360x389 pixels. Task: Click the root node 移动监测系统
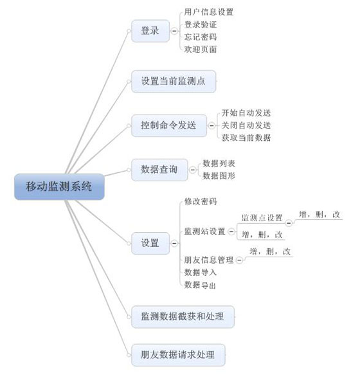(59, 186)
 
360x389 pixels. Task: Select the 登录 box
(150, 31)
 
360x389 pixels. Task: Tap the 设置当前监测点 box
(174, 82)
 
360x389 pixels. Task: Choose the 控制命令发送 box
(169, 125)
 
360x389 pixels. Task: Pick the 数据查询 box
(159, 170)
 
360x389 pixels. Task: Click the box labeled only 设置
(150, 244)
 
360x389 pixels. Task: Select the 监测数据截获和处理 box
(183, 317)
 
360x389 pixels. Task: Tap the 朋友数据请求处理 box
(178, 355)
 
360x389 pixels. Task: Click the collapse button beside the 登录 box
(174, 31)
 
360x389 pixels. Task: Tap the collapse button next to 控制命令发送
(212, 125)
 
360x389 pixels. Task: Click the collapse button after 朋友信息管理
(239, 260)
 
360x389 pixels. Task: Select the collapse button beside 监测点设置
(289, 223)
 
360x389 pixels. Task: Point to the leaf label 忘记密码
(201, 37)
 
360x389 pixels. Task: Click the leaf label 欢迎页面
(201, 50)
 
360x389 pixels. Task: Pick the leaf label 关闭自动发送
(246, 125)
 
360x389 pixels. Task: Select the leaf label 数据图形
(219, 176)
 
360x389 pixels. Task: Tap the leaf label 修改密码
(201, 201)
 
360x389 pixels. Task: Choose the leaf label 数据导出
(200, 285)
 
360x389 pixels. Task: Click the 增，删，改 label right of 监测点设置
(319, 214)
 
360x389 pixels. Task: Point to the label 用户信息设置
(209, 12)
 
